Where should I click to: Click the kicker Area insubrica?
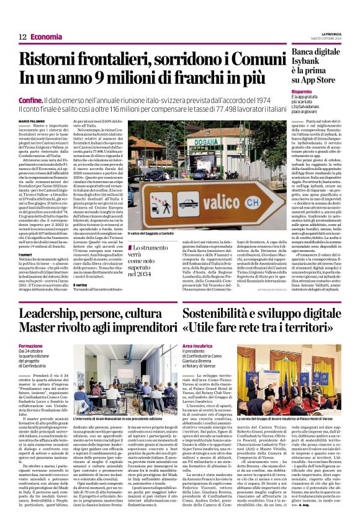click(199, 345)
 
